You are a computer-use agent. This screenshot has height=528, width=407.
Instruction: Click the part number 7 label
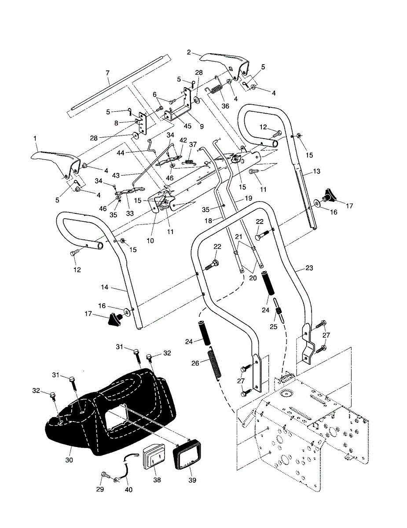tap(108, 73)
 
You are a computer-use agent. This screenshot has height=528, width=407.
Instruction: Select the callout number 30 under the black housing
tap(69, 460)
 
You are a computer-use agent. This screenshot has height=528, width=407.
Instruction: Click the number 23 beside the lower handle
tap(309, 268)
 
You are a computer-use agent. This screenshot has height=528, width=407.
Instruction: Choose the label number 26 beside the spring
tap(195, 363)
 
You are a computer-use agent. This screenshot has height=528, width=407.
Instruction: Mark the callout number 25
tap(274, 326)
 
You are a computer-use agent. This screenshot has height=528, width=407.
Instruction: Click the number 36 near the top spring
tap(225, 106)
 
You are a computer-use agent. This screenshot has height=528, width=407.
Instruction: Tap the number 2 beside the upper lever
tap(189, 52)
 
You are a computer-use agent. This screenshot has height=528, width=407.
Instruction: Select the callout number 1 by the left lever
tap(35, 139)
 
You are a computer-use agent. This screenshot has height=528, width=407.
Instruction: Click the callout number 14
tap(105, 287)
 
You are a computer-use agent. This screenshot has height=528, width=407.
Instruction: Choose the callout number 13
tap(317, 171)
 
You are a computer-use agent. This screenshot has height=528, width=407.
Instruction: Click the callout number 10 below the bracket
tap(150, 241)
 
